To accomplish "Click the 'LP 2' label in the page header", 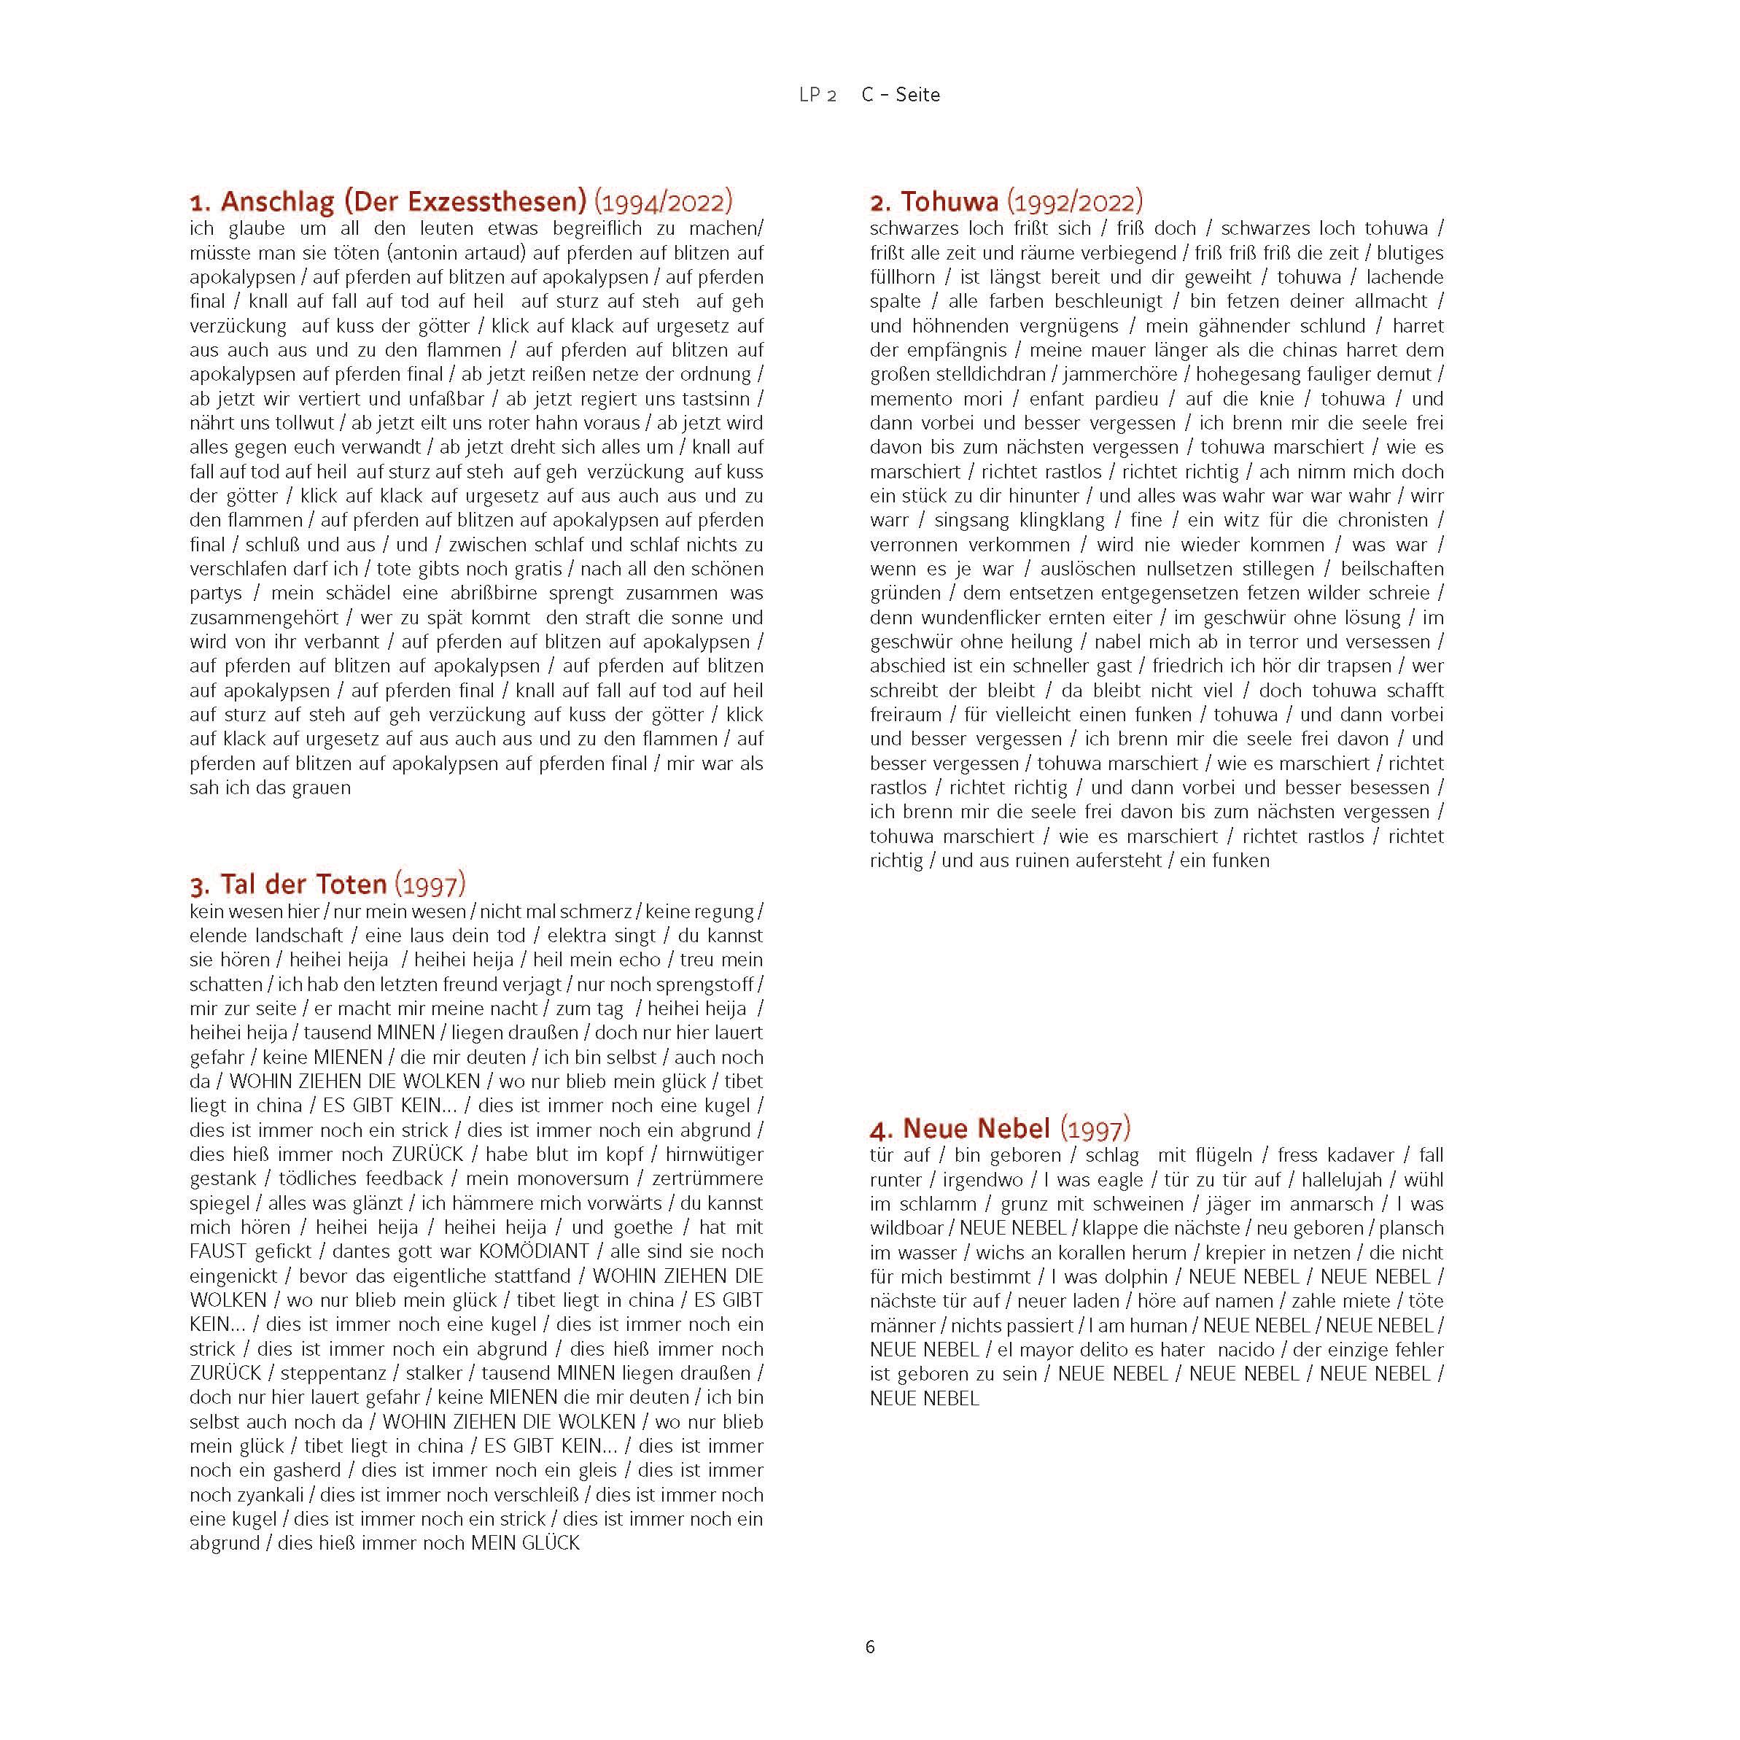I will [817, 95].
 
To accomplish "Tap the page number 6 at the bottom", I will [870, 1647].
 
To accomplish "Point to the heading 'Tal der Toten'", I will [303, 884].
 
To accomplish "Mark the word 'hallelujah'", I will [1341, 1179].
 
